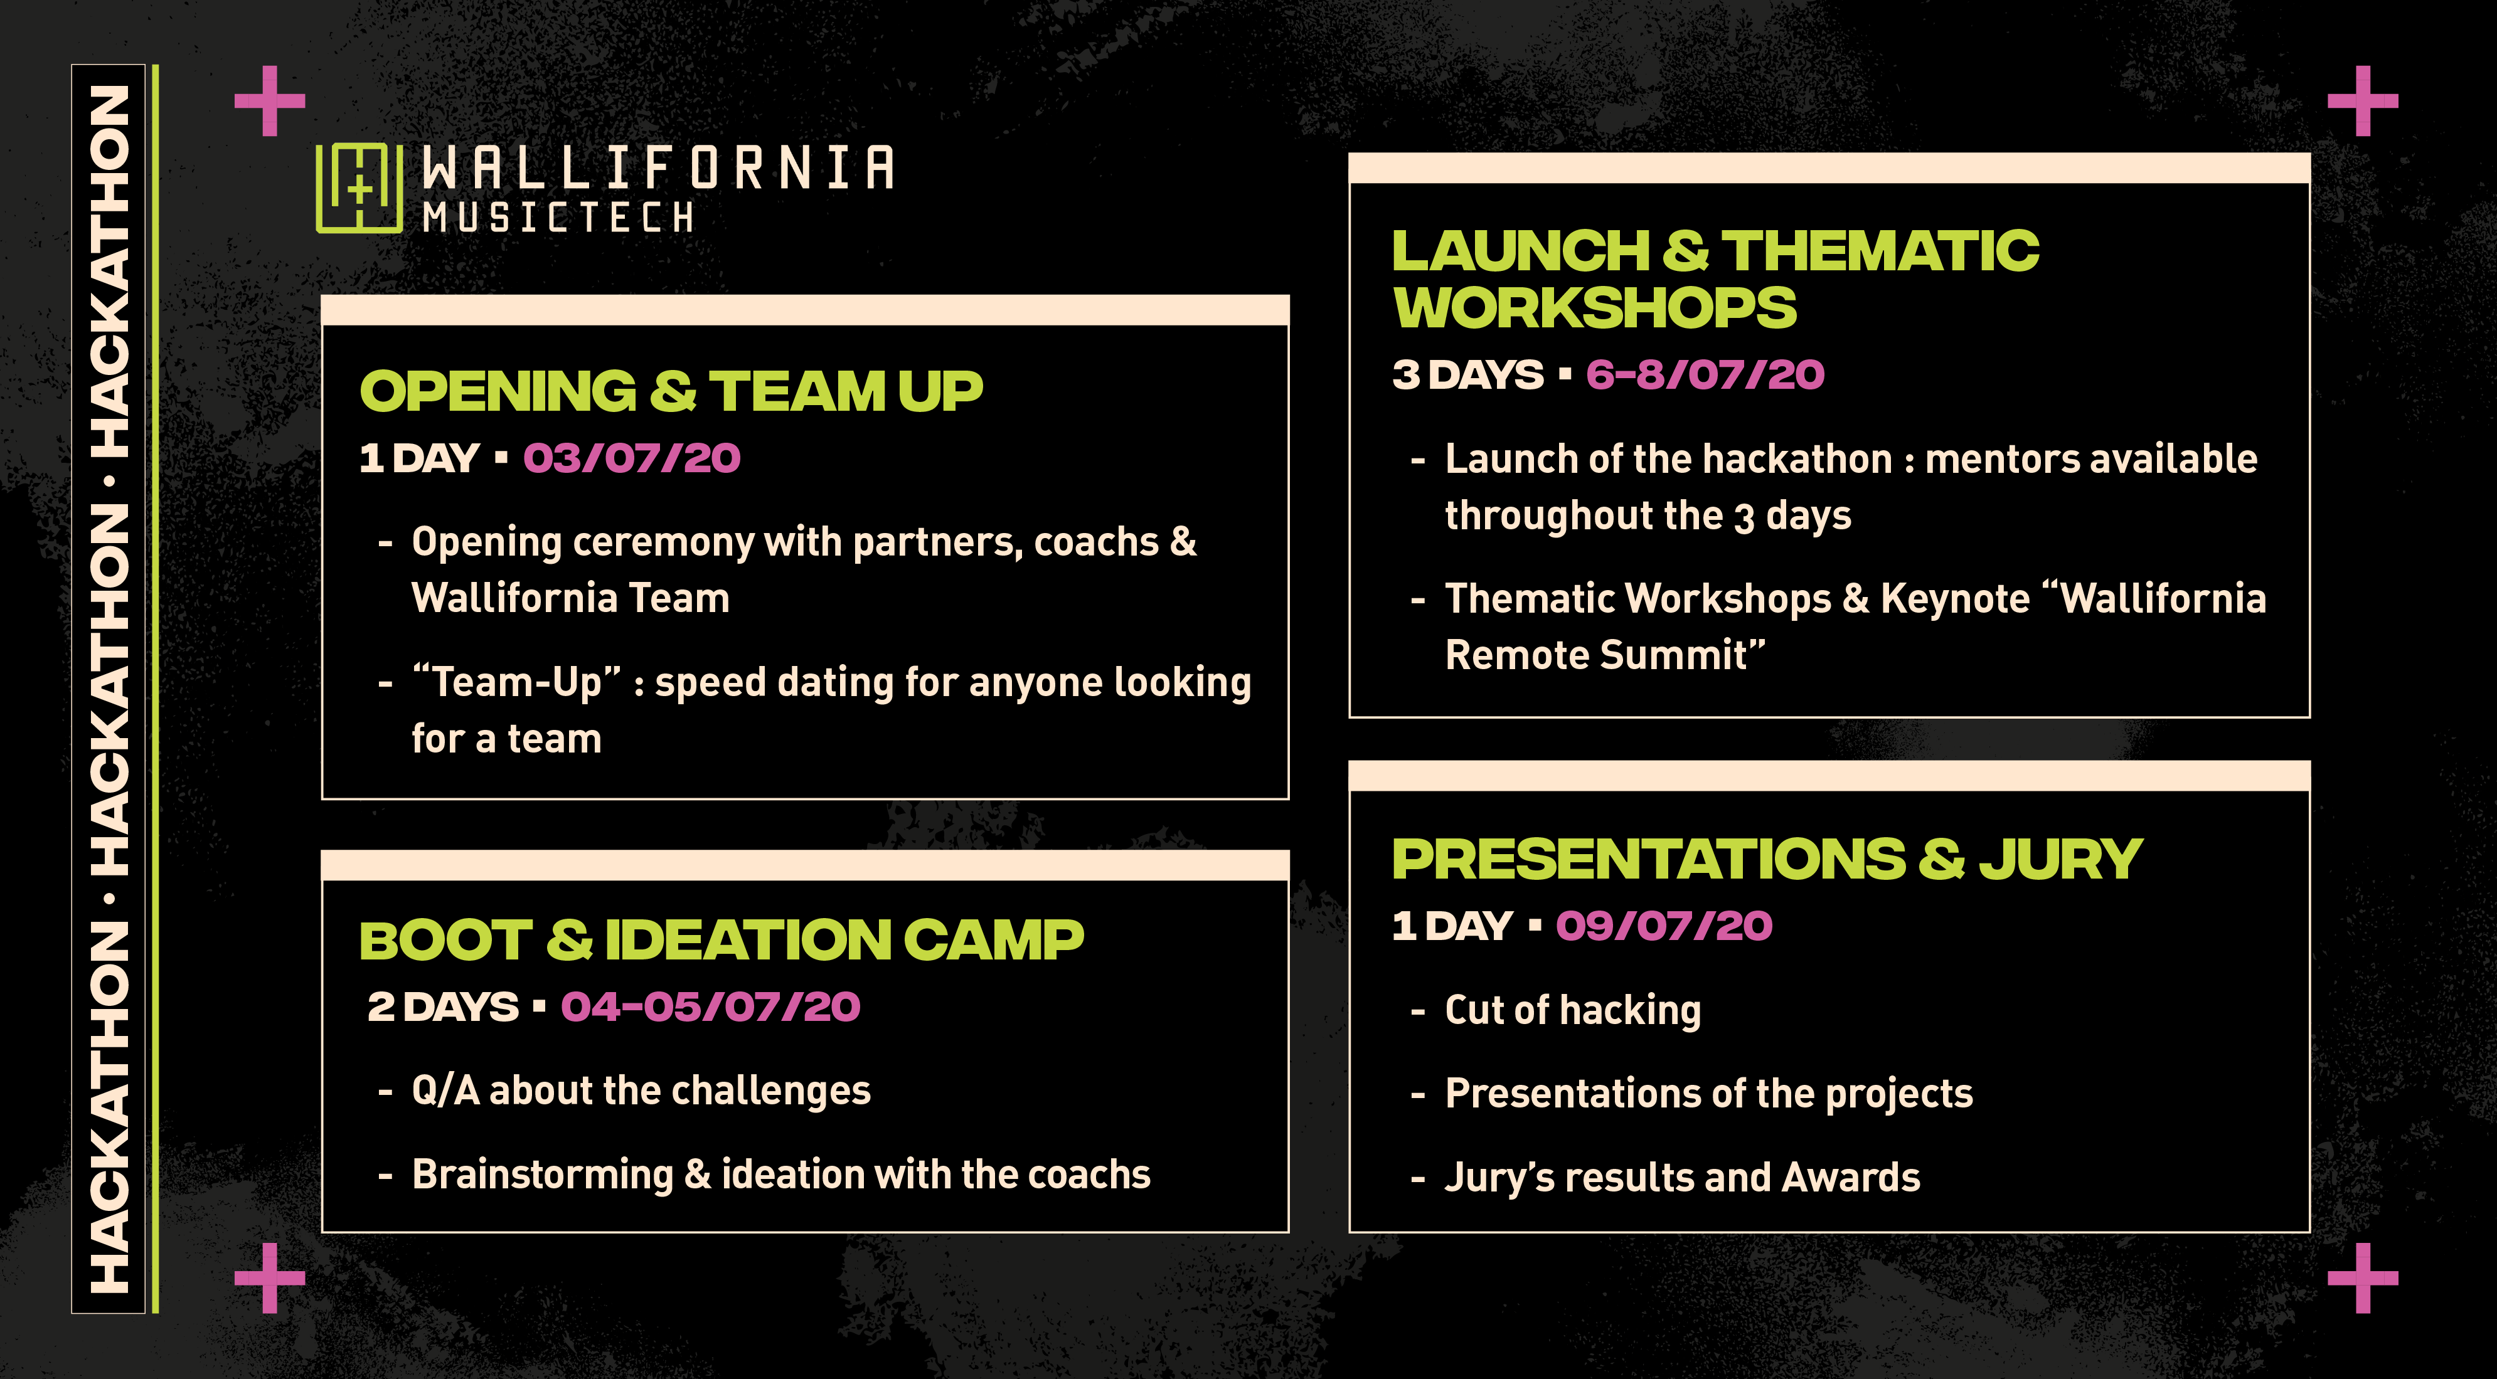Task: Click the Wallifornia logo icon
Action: point(359,188)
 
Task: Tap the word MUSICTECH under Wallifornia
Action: point(558,217)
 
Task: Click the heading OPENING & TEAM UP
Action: point(671,391)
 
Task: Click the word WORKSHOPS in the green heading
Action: point(1595,307)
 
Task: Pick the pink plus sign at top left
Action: point(270,101)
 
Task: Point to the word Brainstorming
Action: point(543,1175)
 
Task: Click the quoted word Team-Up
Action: point(517,682)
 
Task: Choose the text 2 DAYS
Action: point(443,1007)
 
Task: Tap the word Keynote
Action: point(1955,599)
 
